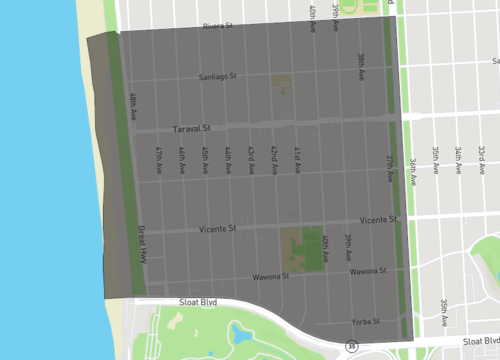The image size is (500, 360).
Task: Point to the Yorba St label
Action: [366, 322]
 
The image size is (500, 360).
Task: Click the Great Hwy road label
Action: [142, 242]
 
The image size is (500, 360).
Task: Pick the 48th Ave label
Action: [132, 107]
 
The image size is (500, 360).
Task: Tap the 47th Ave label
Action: [158, 161]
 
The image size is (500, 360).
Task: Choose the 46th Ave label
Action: [181, 161]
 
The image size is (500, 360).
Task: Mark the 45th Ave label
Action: [204, 161]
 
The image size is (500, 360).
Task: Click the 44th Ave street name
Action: [227, 161]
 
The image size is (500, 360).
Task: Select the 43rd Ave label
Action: [250, 161]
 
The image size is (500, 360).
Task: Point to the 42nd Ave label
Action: [273, 161]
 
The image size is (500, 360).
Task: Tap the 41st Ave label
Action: [296, 161]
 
